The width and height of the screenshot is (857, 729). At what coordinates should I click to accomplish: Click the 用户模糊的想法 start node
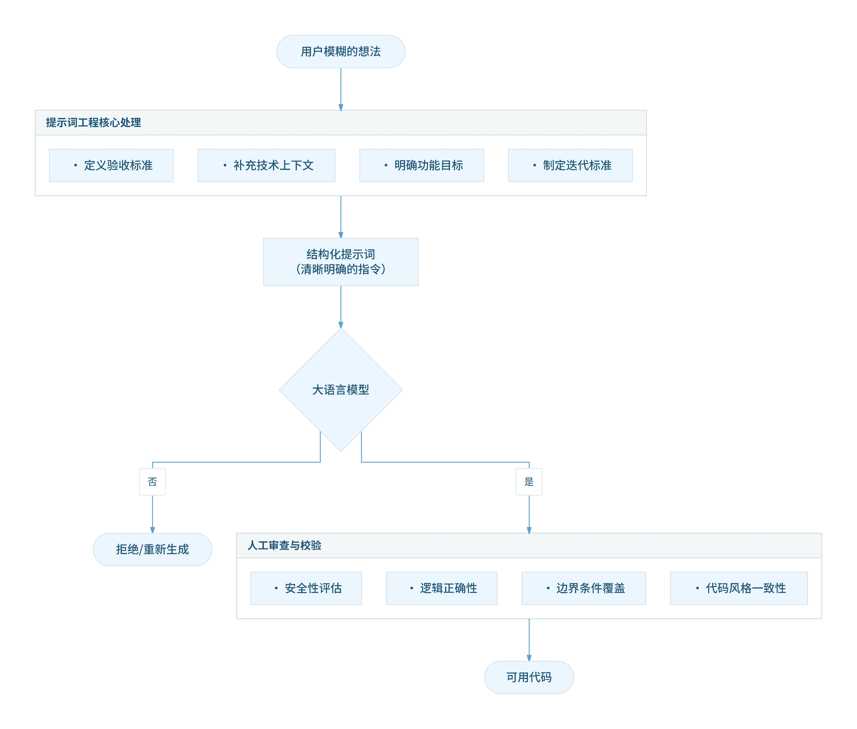[x=341, y=52]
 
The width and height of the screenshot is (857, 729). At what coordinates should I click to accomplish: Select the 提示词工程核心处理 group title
[x=93, y=123]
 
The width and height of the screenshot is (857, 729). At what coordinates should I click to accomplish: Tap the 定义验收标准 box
[x=111, y=165]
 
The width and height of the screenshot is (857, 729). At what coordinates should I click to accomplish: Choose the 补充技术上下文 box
[x=267, y=165]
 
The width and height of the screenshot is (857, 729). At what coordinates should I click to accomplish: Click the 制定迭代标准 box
[x=570, y=165]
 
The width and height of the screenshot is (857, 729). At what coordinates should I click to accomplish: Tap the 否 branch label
[x=153, y=482]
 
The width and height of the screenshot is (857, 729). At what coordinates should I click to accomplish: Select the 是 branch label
[x=529, y=482]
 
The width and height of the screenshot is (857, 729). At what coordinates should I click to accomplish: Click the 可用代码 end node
[x=529, y=677]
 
